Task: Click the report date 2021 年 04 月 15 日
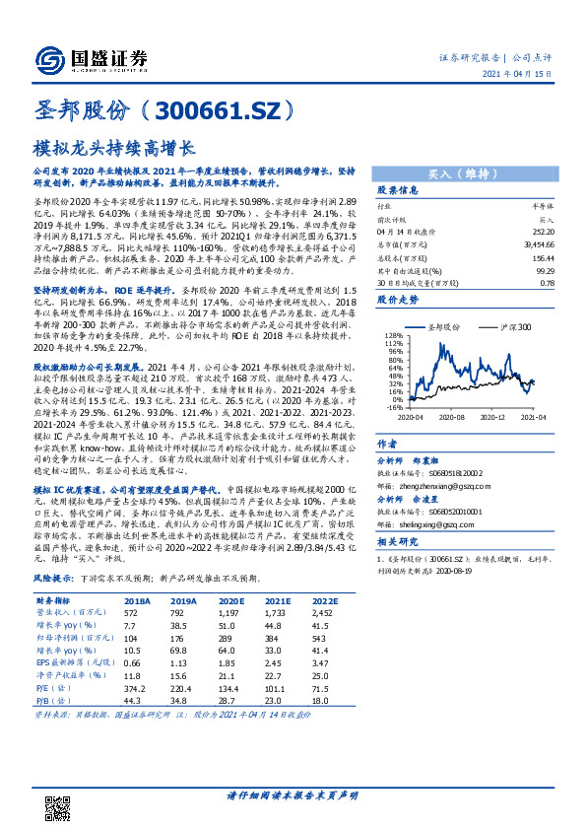click(x=529, y=73)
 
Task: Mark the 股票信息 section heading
click(x=398, y=190)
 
